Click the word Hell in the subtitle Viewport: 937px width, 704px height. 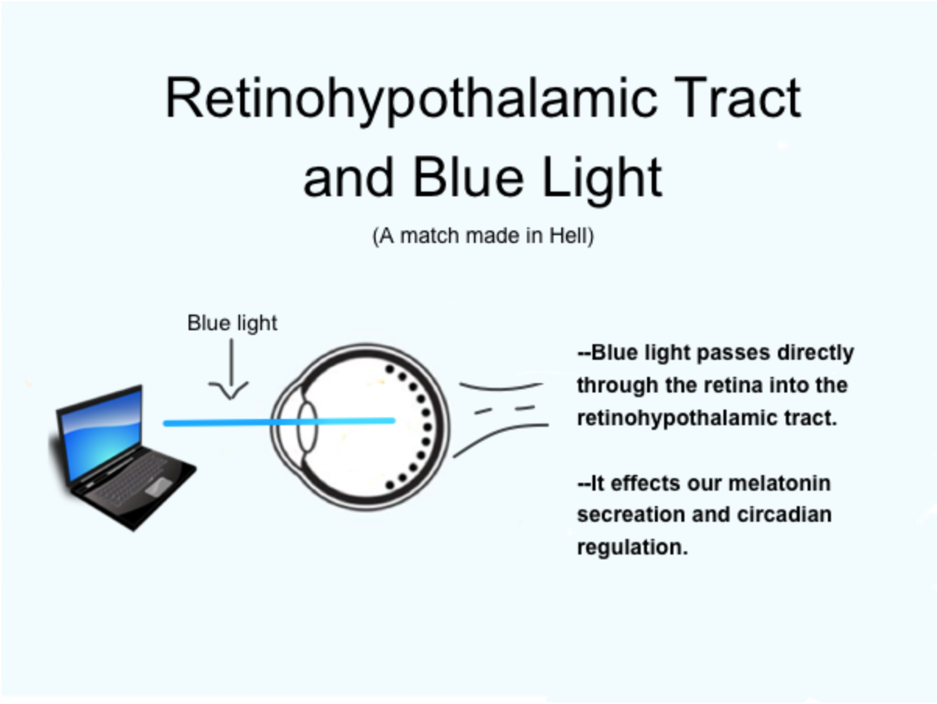click(575, 236)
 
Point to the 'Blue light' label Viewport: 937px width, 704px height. click(232, 323)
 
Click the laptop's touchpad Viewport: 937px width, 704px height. click(159, 486)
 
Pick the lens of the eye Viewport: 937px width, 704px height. click(306, 425)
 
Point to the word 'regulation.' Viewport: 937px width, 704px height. click(632, 547)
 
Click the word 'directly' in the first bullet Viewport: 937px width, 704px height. click(815, 353)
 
